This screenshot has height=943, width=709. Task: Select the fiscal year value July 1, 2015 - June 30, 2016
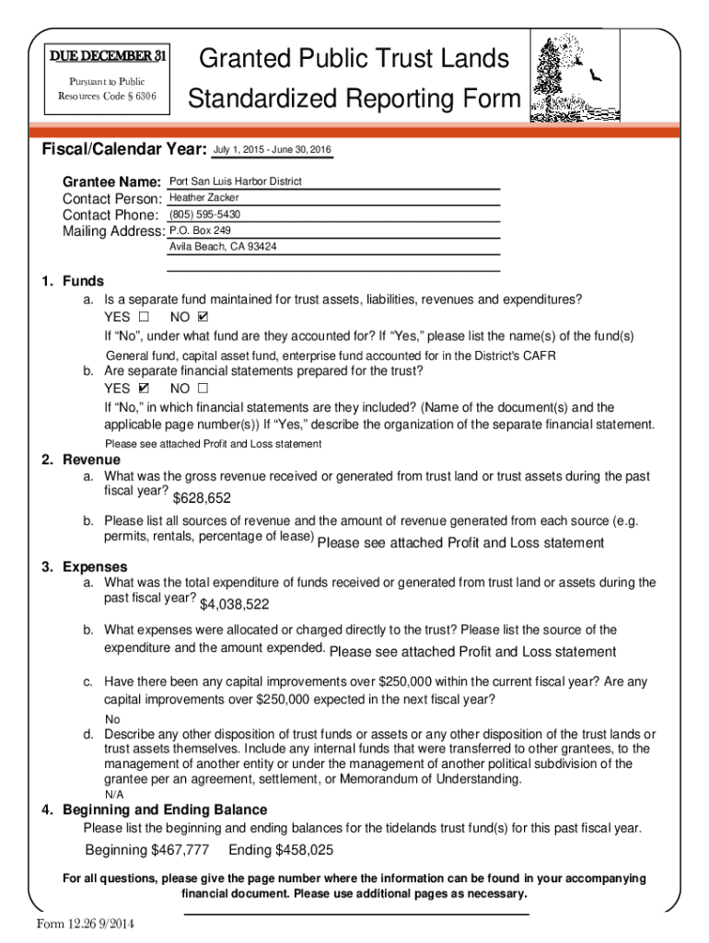point(273,150)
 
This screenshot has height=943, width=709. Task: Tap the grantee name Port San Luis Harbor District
point(236,181)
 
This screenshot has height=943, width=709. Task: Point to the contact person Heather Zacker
point(204,198)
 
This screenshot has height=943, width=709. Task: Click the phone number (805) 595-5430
point(205,215)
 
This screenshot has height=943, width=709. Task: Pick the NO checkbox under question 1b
point(203,389)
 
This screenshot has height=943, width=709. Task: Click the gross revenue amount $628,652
point(202,498)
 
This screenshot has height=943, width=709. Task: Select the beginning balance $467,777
point(146,850)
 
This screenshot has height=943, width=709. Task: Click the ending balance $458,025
point(281,850)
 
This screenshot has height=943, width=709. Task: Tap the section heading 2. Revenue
point(81,460)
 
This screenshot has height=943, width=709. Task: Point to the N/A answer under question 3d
point(113,794)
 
